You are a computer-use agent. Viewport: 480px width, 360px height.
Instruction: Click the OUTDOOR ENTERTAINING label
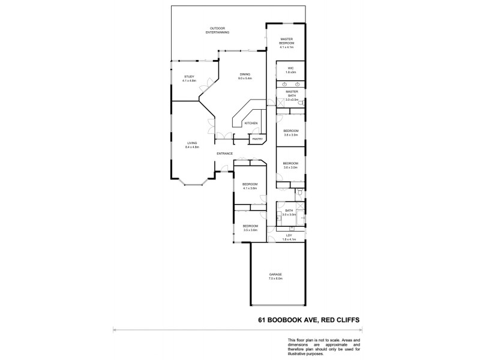pyautogui.click(x=217, y=30)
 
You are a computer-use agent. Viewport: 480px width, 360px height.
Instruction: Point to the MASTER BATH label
pyautogui.click(x=291, y=94)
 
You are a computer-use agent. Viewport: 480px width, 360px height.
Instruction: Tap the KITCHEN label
pyautogui.click(x=251, y=123)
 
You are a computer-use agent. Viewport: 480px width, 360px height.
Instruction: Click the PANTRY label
pyautogui.click(x=258, y=139)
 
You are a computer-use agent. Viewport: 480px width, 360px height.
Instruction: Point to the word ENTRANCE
pyautogui.click(x=225, y=154)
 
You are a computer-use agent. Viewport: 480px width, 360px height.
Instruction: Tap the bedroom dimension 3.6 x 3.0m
pyautogui.click(x=291, y=167)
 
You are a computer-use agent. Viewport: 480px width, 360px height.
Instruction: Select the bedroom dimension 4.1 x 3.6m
pyautogui.click(x=250, y=188)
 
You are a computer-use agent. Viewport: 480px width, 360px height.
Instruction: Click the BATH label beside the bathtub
pyautogui.click(x=289, y=211)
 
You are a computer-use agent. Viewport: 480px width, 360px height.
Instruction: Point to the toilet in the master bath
pyautogui.click(x=301, y=103)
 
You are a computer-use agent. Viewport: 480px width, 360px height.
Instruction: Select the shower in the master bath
pyautogui.click(x=280, y=103)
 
